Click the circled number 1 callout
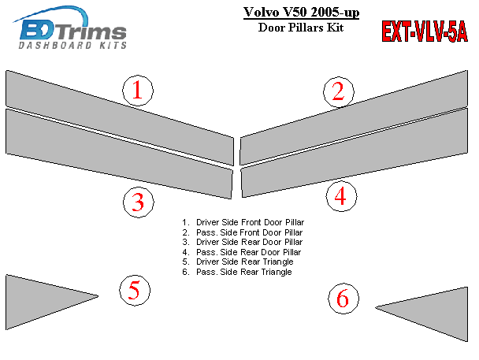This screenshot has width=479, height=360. click(138, 91)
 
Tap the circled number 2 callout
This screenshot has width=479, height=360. click(339, 92)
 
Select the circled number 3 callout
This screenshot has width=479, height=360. click(139, 202)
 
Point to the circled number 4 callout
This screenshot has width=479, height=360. click(341, 196)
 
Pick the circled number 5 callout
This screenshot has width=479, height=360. click(135, 290)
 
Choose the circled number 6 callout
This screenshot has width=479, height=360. click(343, 299)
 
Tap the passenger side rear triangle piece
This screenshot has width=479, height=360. click(436, 312)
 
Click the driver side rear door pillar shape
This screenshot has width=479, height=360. click(119, 154)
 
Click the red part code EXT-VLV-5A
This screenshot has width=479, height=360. click(425, 32)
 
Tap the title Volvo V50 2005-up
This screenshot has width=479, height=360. click(301, 13)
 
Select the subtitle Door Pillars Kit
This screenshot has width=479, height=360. click(301, 28)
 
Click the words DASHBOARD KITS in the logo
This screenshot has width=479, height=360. click(72, 46)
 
